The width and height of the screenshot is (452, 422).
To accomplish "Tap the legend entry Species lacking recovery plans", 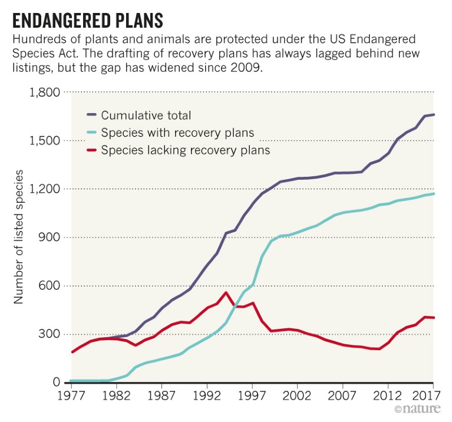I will [x=185, y=150].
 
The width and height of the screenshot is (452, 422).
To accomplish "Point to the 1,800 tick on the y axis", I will [x=45, y=93].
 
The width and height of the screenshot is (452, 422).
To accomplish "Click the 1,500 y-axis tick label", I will [x=45, y=141].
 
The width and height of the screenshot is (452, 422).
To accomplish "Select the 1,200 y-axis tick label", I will [x=45, y=189].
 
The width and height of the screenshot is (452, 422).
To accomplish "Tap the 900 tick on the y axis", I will [x=50, y=238].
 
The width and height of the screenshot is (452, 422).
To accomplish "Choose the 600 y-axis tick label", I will [x=50, y=286].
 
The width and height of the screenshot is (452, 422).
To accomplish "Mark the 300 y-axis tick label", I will [x=50, y=334].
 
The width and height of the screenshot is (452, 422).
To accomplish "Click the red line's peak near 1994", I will [x=226, y=292].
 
